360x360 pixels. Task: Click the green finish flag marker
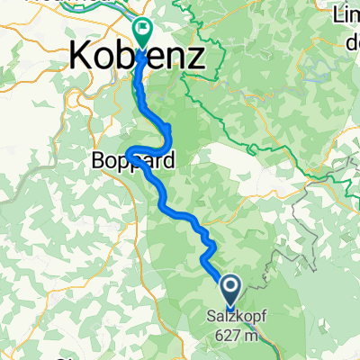142,31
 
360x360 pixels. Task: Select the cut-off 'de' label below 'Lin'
347,39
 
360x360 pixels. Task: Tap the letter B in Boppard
99,162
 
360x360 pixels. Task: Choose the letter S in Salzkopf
210,316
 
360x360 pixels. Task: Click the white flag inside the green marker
142,30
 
